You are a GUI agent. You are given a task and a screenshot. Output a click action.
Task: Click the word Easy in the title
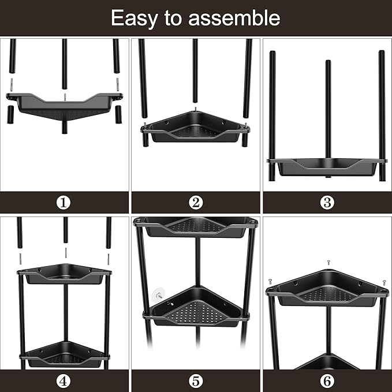(133, 18)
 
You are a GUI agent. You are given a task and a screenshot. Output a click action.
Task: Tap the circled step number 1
(64, 203)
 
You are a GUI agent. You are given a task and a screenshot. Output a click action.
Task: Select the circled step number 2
(196, 203)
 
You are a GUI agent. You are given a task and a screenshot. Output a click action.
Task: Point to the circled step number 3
(327, 203)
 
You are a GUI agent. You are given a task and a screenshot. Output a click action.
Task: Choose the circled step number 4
(64, 381)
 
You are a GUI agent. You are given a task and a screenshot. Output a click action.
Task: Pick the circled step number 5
(196, 381)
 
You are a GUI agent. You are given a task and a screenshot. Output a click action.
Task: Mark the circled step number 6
(327, 381)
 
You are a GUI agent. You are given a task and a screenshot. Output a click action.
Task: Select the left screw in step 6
(270, 281)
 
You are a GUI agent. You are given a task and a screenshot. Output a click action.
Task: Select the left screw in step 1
(12, 84)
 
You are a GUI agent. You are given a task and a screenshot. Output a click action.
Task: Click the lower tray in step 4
(64, 353)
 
